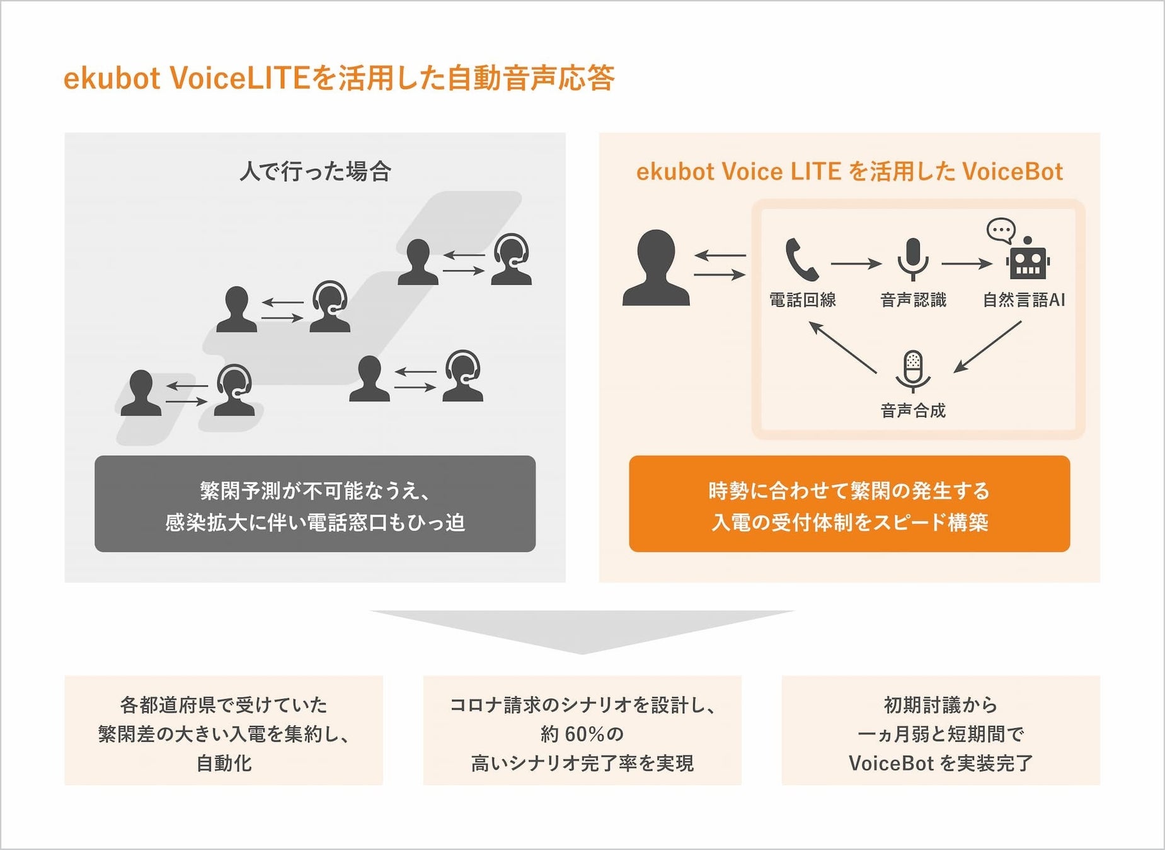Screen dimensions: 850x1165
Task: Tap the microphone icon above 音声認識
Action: pyautogui.click(x=912, y=259)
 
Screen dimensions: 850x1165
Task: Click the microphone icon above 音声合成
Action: pyautogui.click(x=912, y=371)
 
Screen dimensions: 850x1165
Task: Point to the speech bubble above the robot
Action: pyautogui.click(x=1001, y=230)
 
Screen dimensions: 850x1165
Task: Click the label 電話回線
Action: pyautogui.click(x=802, y=300)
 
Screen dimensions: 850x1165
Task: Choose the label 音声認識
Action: pyautogui.click(x=913, y=300)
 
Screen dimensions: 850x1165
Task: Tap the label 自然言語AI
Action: pyautogui.click(x=1024, y=300)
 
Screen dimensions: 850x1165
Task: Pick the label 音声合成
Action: pyautogui.click(x=913, y=411)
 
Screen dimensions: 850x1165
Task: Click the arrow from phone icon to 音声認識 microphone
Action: pyautogui.click(x=856, y=264)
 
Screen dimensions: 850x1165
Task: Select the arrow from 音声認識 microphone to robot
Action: pyautogui.click(x=967, y=264)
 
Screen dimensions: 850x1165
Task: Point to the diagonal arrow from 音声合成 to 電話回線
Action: pyautogui.click(x=842, y=347)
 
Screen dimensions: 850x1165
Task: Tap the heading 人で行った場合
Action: pyautogui.click(x=315, y=171)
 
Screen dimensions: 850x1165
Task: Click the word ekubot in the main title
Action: pyautogui.click(x=112, y=79)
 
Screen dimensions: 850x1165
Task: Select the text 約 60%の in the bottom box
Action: pyautogui.click(x=582, y=734)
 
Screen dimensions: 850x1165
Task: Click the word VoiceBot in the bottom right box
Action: pyautogui.click(x=891, y=763)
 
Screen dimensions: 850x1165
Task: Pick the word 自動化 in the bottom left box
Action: pyautogui.click(x=224, y=763)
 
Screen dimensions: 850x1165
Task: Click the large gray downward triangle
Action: pyautogui.click(x=582, y=630)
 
